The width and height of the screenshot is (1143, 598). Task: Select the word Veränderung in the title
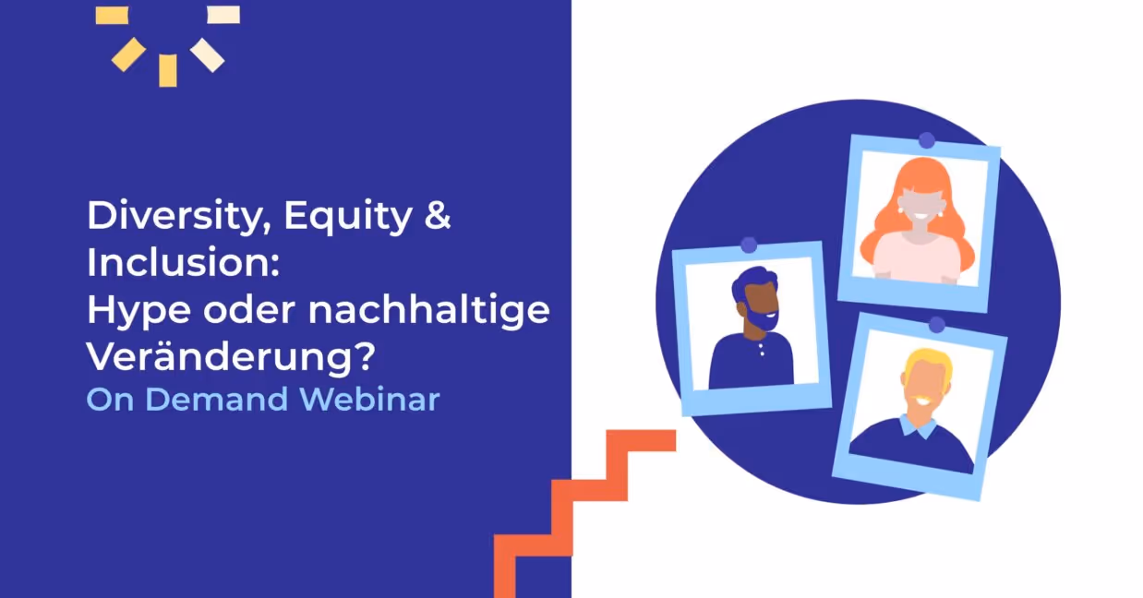(x=212, y=357)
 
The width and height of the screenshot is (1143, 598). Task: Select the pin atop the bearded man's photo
(x=749, y=245)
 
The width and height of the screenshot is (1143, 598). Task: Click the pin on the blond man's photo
(x=936, y=325)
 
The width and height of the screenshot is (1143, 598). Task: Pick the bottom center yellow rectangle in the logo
(x=167, y=71)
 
